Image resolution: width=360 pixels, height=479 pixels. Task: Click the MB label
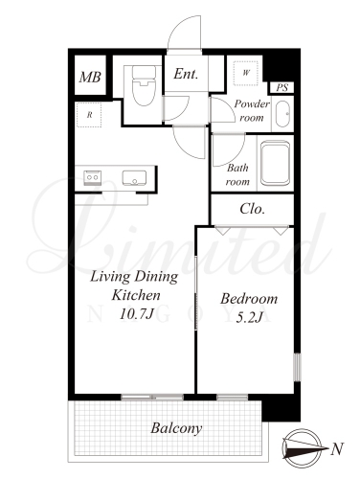coord(90,77)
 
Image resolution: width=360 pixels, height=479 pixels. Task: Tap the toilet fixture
coord(144,85)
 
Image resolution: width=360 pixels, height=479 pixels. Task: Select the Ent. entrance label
coord(186,74)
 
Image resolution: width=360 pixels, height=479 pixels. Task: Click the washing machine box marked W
coord(246,73)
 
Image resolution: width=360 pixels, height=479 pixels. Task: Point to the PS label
coord(282,87)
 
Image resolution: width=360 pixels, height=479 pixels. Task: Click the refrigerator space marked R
coord(89,115)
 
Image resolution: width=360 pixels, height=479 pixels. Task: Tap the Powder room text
coord(252,110)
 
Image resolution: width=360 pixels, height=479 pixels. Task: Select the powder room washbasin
coord(282,114)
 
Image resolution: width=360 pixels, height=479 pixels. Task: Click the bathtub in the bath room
coord(275,163)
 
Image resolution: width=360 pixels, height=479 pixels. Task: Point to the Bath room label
coord(237,174)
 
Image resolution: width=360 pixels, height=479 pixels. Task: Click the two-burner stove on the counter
coord(93,176)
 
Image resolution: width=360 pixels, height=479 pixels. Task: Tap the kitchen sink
coord(134,177)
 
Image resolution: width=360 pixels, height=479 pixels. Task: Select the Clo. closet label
coord(252,209)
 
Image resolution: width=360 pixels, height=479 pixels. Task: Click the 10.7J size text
coord(137,314)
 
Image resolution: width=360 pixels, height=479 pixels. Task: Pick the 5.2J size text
coord(249,317)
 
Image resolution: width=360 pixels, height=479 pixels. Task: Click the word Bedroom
coord(249,299)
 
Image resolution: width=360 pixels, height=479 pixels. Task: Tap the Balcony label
coord(176,428)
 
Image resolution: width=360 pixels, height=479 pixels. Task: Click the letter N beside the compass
coord(337,449)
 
